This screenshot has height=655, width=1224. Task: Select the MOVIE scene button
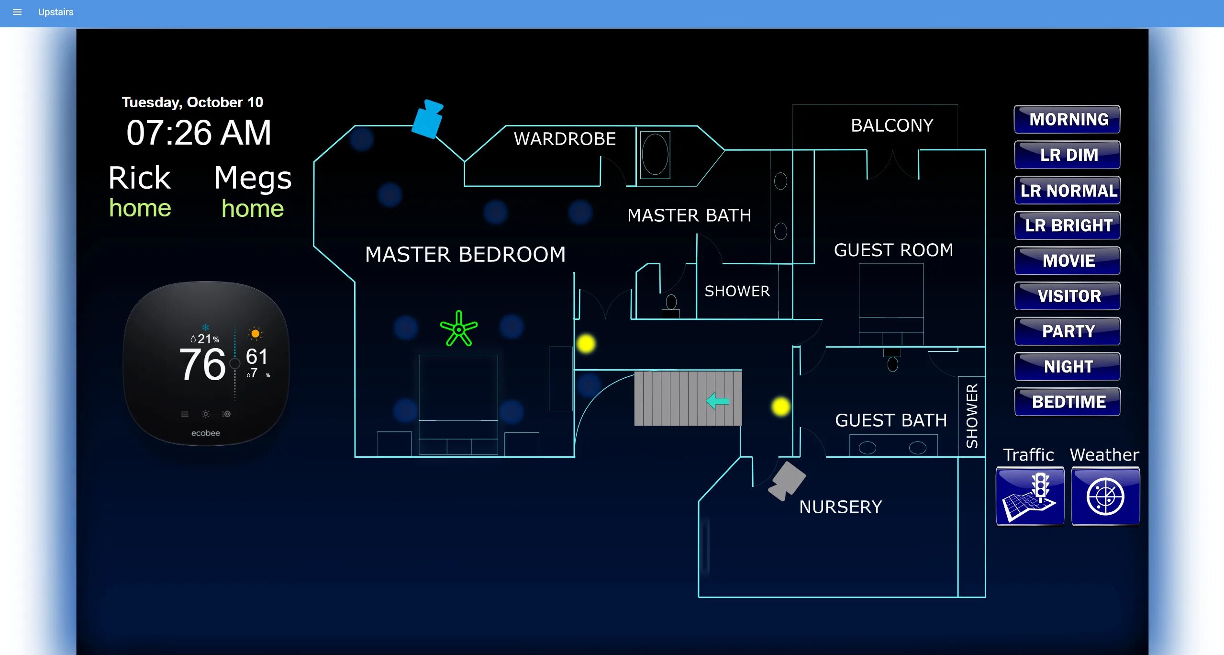coord(1068,260)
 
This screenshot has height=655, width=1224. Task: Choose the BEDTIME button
coord(1068,402)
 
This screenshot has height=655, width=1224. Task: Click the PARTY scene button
coord(1068,331)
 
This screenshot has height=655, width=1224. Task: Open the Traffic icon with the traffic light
coord(1030,497)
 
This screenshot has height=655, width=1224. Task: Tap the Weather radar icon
coord(1105,497)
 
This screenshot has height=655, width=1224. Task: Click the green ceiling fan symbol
coord(458,329)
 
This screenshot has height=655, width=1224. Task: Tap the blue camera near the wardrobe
coord(428,119)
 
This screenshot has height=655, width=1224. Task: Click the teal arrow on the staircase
coord(717,401)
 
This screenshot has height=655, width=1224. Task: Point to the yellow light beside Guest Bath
coord(780,407)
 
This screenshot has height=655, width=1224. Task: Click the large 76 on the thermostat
coord(202,364)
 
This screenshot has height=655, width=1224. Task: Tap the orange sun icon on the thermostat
coord(256,333)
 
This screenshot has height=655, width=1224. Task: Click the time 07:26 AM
coord(199,133)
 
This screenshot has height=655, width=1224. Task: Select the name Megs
coord(253,178)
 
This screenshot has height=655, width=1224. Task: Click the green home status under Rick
coord(140,208)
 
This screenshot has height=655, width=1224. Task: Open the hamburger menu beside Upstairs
coord(17,12)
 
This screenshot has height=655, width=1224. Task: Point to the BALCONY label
coord(892,125)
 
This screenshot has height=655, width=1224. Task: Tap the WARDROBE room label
coord(565,139)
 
